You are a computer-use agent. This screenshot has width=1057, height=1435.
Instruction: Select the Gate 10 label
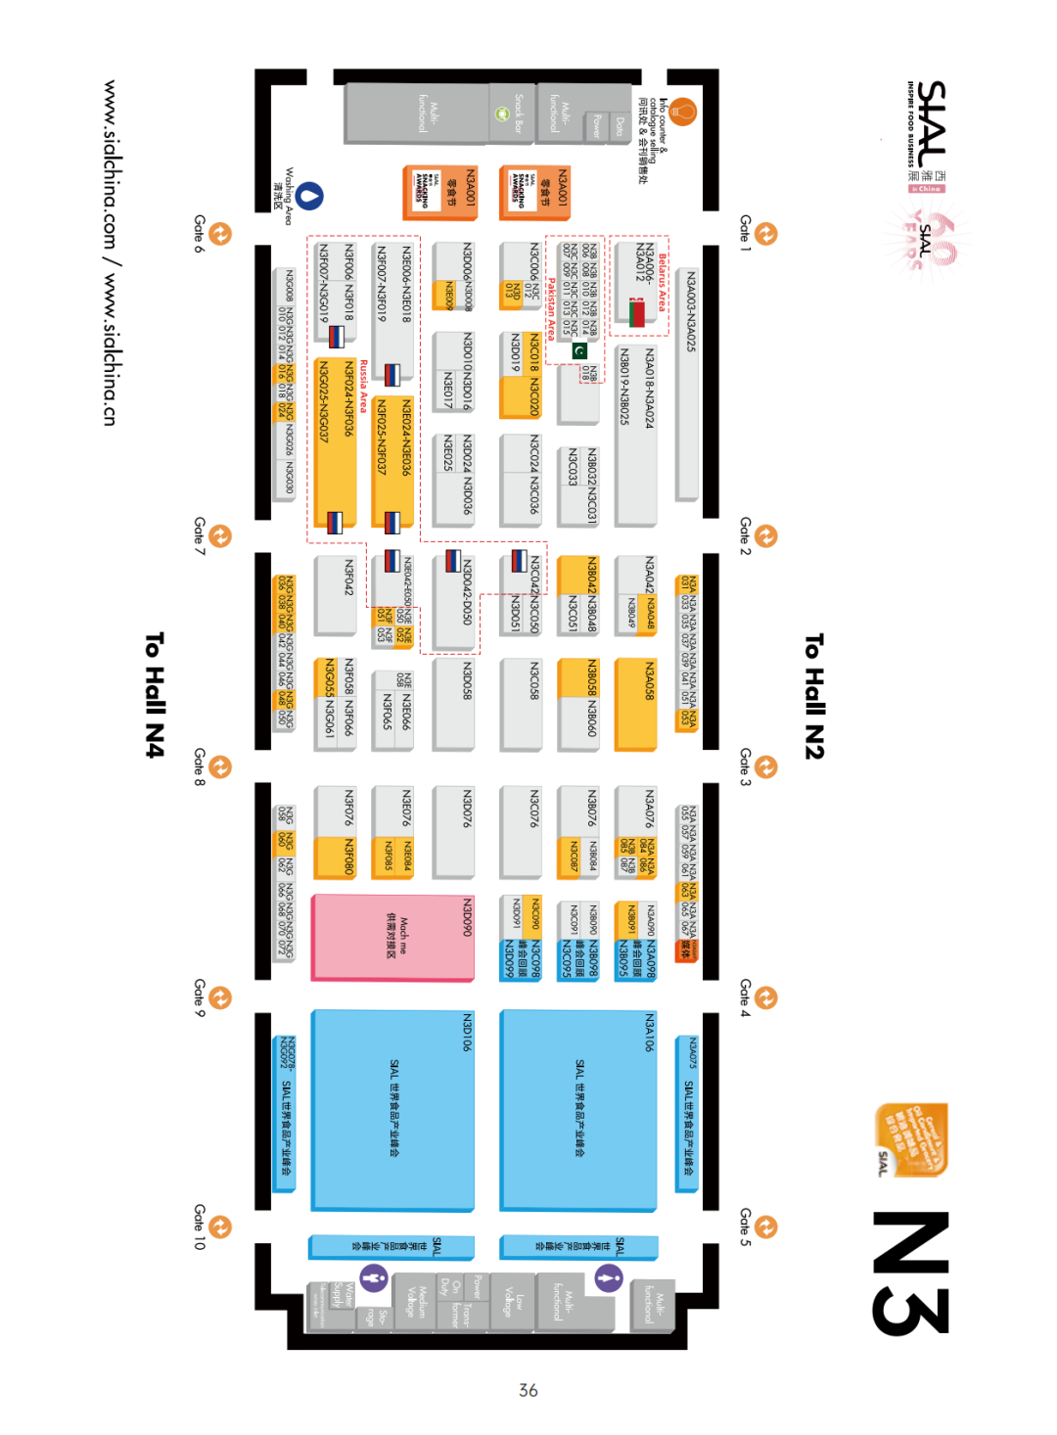pos(199,1227)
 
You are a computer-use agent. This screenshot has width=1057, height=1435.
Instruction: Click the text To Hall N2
pos(814,695)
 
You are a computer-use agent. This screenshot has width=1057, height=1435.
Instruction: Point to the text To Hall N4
pos(155,695)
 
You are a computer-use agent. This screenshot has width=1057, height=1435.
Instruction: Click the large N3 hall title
pos(910,1273)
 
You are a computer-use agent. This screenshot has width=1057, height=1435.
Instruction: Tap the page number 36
pos(528,1390)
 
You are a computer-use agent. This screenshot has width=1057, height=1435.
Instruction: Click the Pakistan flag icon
pos(579,350)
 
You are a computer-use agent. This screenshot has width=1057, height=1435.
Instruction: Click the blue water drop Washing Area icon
pos(310,196)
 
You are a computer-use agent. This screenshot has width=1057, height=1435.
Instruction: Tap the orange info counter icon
pos(682,112)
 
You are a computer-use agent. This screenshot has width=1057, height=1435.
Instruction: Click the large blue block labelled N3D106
pos(392,1109)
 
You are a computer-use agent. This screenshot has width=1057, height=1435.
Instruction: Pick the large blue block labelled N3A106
pos(578,1109)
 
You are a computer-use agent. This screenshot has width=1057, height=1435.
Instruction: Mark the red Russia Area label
pos(364,386)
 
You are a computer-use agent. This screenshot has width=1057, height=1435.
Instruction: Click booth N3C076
pos(521,832)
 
